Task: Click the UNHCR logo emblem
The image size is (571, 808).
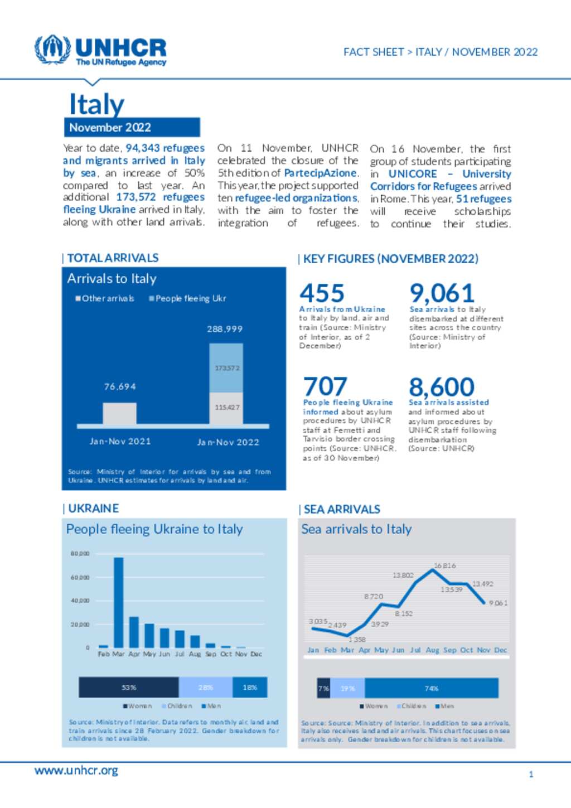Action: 52,50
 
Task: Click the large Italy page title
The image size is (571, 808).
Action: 96,104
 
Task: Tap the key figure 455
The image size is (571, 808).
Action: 322,293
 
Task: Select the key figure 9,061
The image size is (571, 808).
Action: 442,293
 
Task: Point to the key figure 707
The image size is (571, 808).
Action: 325,386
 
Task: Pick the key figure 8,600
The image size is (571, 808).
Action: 441,386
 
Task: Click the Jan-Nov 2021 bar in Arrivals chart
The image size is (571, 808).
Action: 119,413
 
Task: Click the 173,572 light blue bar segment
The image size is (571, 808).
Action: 226,368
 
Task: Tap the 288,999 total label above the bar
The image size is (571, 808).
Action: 225,329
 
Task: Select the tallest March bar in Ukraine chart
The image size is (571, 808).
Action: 119,602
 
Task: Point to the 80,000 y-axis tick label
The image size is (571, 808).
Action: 80,554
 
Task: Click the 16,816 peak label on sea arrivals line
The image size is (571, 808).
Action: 444,565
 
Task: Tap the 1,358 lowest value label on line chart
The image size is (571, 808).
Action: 357,640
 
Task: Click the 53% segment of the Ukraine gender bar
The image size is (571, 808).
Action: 129,688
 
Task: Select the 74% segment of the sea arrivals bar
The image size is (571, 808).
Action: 431,688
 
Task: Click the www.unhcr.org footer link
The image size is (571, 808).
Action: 76,771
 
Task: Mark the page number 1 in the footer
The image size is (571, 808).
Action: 531,774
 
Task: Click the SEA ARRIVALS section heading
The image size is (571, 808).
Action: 342,509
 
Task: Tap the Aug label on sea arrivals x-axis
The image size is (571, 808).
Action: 432,650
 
